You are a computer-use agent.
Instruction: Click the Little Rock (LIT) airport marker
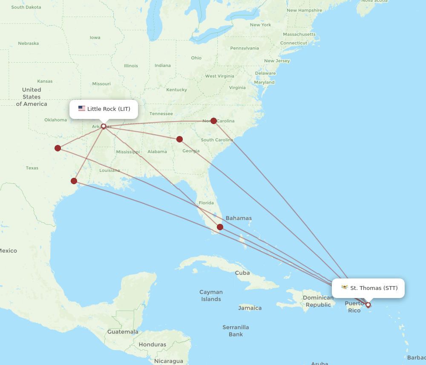pyautogui.click(x=104, y=126)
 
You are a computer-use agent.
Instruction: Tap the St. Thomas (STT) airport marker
pyautogui.click(x=368, y=305)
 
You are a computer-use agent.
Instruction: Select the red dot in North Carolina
pyautogui.click(x=214, y=121)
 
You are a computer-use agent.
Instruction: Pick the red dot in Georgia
pyautogui.click(x=179, y=139)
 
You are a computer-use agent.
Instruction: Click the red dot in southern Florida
pyautogui.click(x=220, y=227)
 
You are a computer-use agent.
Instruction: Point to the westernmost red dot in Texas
pyautogui.click(x=58, y=148)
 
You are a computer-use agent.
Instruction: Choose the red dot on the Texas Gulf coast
pyautogui.click(x=74, y=181)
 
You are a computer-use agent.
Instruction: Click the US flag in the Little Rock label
pyautogui.click(x=82, y=109)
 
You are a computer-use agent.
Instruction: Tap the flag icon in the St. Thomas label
pyautogui.click(x=345, y=288)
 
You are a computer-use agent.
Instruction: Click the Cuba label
pyautogui.click(x=242, y=273)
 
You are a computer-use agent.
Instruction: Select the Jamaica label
pyautogui.click(x=250, y=308)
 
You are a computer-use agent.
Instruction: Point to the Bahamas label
pyautogui.click(x=239, y=218)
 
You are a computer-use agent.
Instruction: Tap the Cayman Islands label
pyautogui.click(x=211, y=295)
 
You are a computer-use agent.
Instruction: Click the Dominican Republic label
pyautogui.click(x=318, y=301)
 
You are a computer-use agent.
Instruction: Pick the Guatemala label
pyautogui.click(x=123, y=332)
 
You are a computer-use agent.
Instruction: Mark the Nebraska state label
pyautogui.click(x=29, y=43)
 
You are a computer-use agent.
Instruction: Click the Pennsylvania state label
pyautogui.click(x=245, y=48)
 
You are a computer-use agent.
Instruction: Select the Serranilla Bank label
pyautogui.click(x=236, y=331)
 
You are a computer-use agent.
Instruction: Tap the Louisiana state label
pyautogui.click(x=110, y=170)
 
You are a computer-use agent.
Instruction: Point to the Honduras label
pyautogui.click(x=152, y=345)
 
